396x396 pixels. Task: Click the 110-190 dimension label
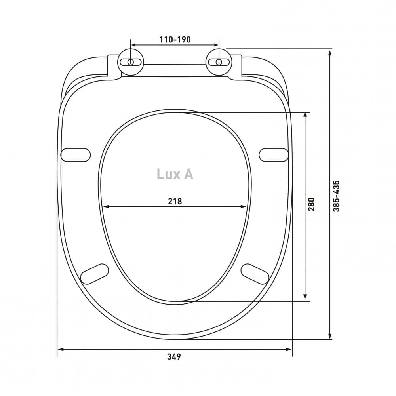(x=175, y=40)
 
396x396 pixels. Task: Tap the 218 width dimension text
(x=175, y=201)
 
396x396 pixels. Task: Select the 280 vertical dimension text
(x=312, y=204)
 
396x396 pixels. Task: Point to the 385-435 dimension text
(x=336, y=196)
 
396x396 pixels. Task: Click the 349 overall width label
(x=174, y=357)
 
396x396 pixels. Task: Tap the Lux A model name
(x=175, y=174)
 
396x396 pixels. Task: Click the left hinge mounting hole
(x=131, y=62)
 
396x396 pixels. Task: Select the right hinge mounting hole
(x=219, y=62)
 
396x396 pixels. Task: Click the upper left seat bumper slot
(x=76, y=155)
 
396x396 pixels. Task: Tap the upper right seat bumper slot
(x=274, y=155)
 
